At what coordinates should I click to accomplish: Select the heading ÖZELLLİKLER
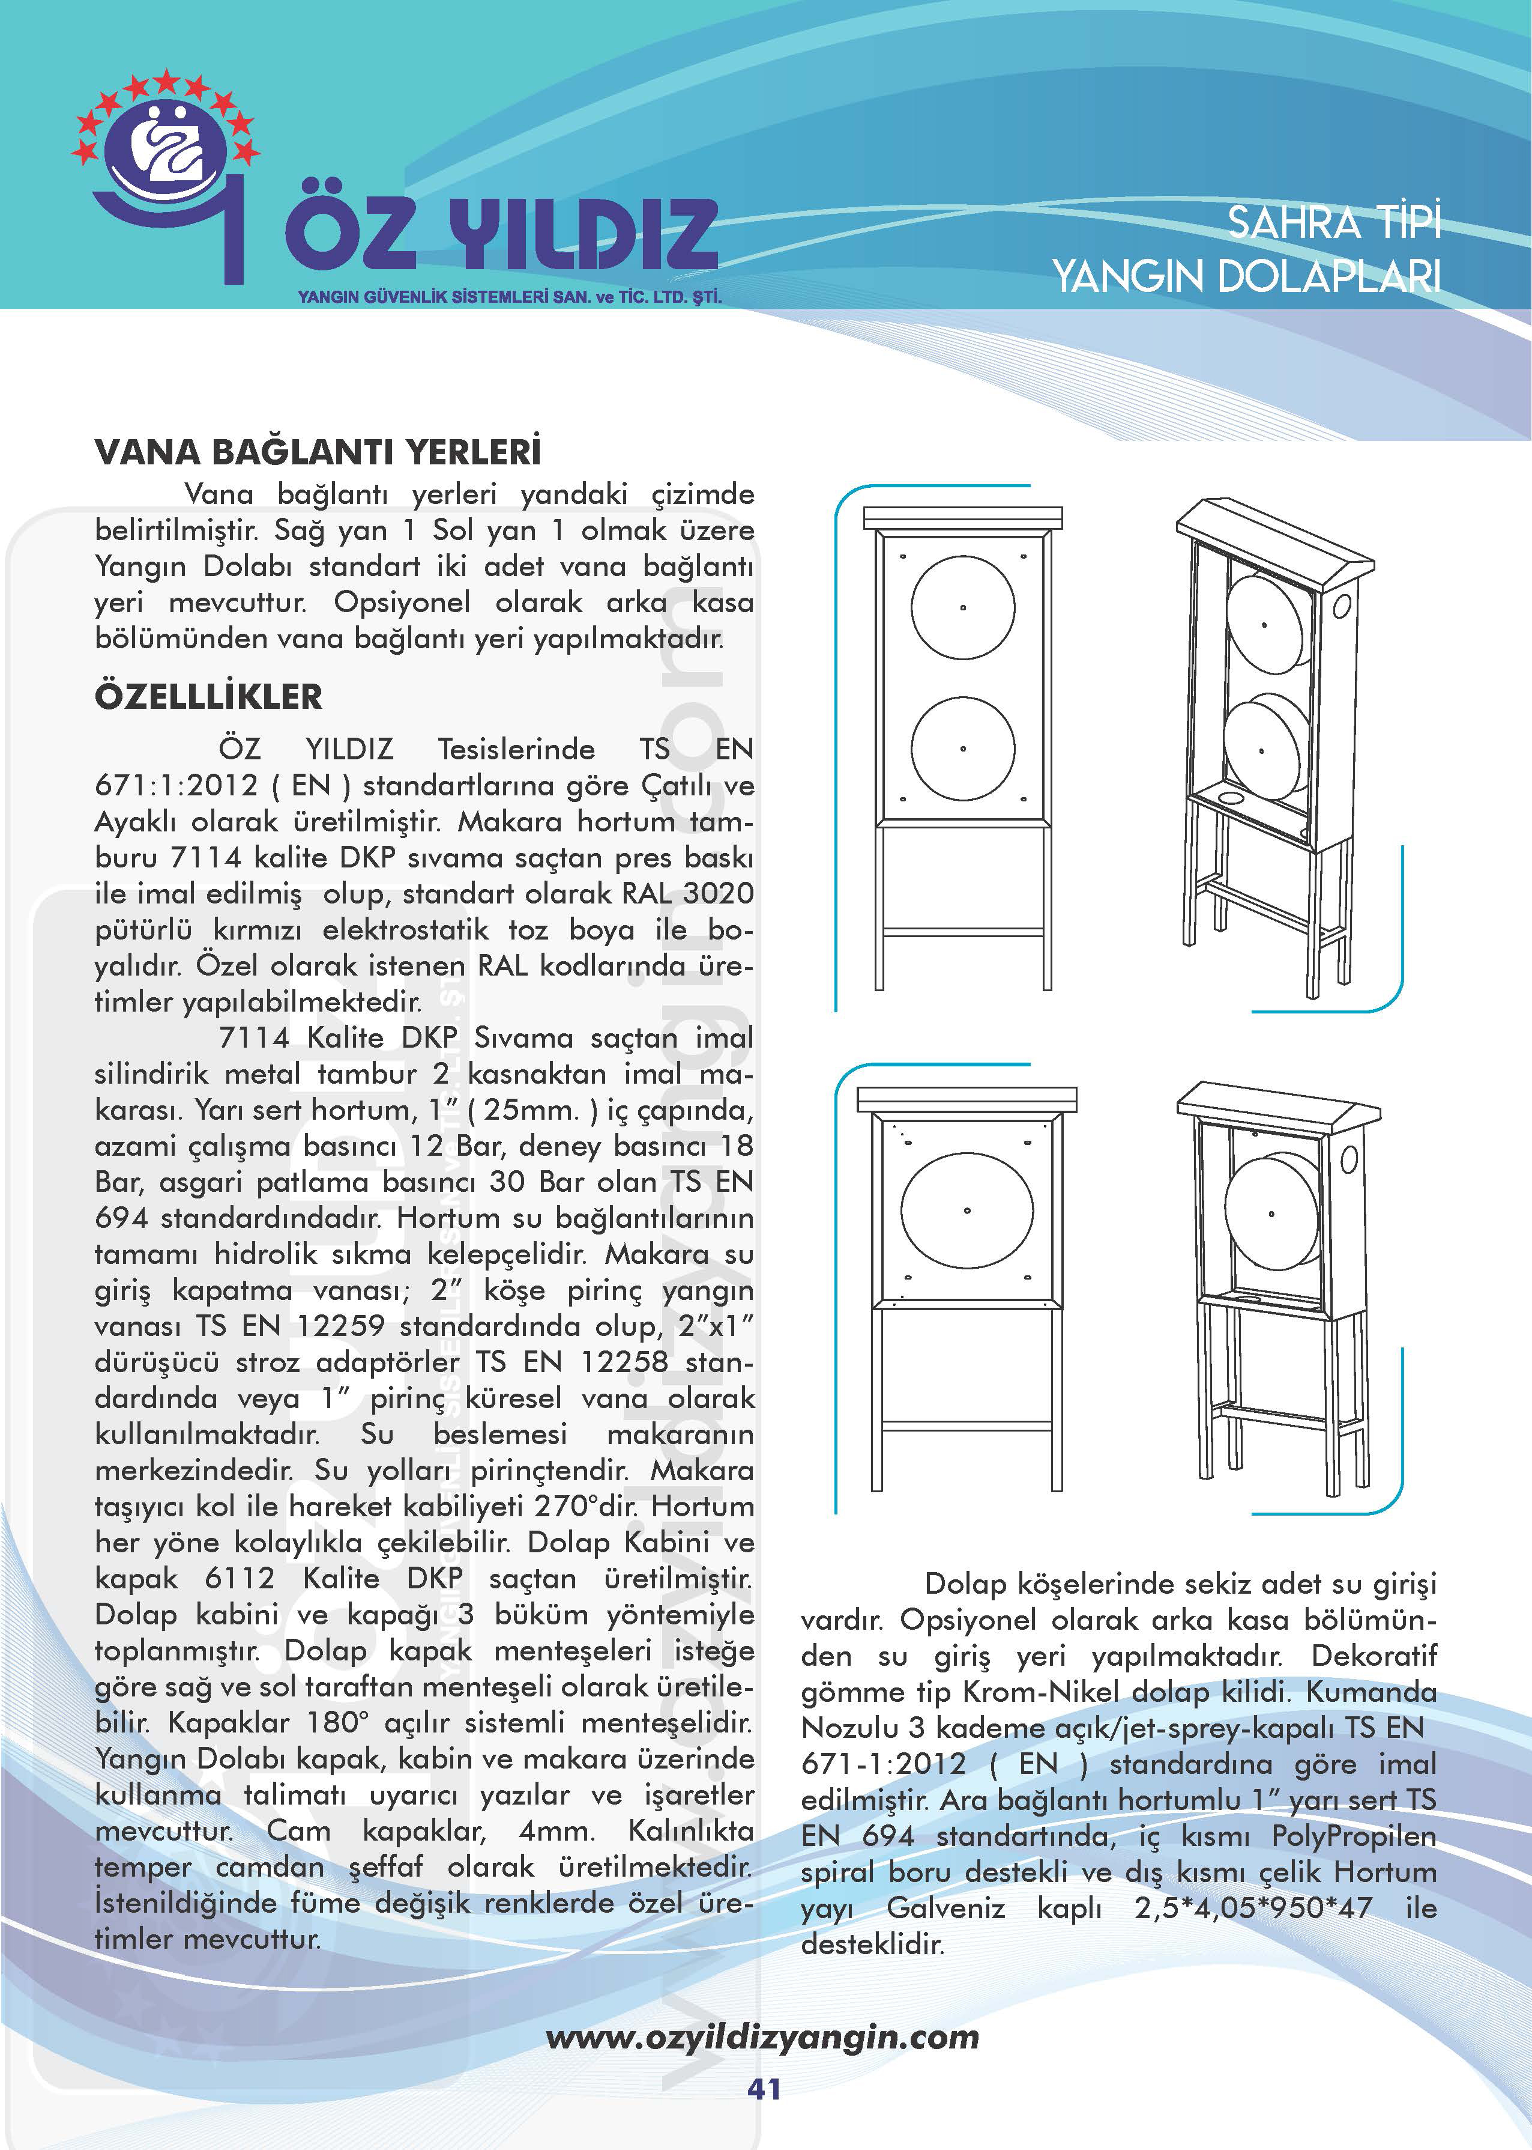[x=208, y=697]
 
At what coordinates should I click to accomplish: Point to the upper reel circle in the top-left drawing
[x=962, y=607]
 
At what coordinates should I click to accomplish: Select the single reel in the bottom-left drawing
[x=967, y=1210]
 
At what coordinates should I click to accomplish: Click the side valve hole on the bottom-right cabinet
[x=1349, y=1158]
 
